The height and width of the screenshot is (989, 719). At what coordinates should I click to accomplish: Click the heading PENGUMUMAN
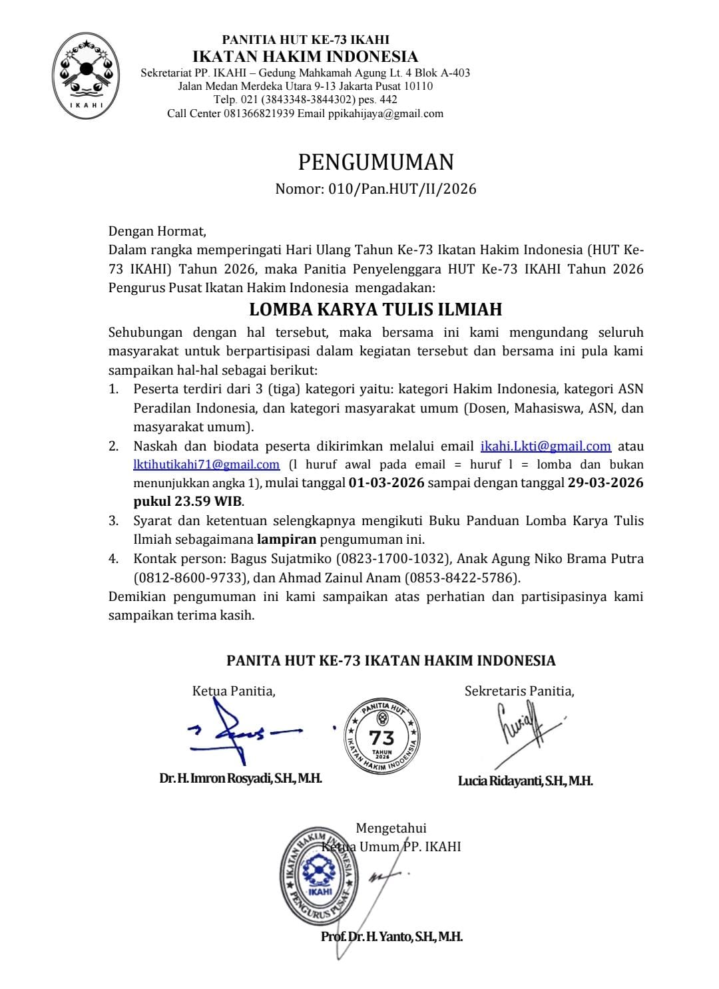click(375, 162)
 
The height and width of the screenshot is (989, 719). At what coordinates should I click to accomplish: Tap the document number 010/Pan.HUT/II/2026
click(402, 189)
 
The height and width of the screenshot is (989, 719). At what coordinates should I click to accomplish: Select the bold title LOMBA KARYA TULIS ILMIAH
click(375, 309)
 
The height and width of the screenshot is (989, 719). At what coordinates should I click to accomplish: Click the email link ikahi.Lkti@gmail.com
click(545, 446)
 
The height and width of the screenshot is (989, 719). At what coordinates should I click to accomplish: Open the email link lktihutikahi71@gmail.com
click(206, 464)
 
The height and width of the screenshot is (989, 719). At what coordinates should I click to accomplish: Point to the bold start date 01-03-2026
click(386, 483)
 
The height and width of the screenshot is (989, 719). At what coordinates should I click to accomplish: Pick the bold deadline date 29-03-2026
click(605, 483)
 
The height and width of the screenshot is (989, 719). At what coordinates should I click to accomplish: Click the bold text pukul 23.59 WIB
click(188, 500)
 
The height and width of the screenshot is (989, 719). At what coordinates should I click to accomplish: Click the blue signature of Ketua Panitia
click(240, 732)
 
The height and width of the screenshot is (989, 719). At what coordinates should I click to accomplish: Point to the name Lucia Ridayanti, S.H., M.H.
click(525, 781)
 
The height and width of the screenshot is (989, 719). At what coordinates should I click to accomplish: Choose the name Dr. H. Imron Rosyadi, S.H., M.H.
click(240, 778)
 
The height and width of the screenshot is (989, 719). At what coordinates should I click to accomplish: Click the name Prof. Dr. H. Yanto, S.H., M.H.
click(391, 936)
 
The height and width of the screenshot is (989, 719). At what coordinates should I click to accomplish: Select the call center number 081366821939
click(257, 113)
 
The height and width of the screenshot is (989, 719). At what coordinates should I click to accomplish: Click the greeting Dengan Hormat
click(157, 232)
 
